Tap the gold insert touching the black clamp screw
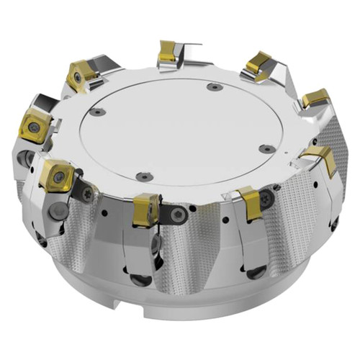[x=146, y=209]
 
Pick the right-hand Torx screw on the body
[x=267, y=196]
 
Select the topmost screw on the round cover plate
[x=213, y=87]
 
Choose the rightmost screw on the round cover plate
[x=267, y=149]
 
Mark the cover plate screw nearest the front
[x=144, y=175]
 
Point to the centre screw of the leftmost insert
[x=33, y=127]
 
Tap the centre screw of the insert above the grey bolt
[x=56, y=174]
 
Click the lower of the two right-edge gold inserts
[x=319, y=158]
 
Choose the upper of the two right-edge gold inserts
[x=315, y=98]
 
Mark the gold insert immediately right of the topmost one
[x=257, y=64]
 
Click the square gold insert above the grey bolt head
[x=56, y=175]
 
